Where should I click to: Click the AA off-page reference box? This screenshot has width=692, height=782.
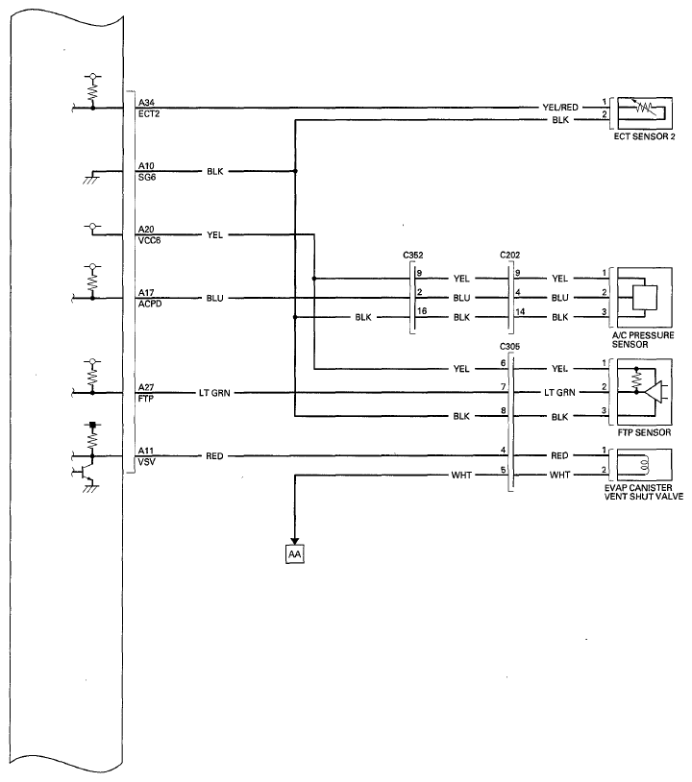294,554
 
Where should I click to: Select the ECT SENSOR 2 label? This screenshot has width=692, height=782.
644,136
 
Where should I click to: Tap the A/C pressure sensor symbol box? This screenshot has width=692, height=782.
645,297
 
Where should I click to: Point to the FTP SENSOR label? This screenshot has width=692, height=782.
644,432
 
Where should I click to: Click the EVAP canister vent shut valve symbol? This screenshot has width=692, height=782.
644,465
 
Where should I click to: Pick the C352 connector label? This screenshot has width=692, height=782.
413,256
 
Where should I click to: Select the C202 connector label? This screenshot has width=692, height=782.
510,256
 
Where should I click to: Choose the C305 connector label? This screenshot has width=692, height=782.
509,346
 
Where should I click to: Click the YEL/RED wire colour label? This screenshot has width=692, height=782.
560,108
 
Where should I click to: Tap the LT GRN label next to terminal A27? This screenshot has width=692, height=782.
214,393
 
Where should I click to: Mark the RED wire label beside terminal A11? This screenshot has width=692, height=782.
214,455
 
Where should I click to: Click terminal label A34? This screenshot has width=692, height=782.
146,102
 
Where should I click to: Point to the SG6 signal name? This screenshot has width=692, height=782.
147,177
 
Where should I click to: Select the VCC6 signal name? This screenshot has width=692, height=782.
149,240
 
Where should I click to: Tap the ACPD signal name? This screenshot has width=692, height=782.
150,304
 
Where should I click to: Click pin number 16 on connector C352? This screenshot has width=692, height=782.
422,311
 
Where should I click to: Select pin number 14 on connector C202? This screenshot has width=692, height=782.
520,311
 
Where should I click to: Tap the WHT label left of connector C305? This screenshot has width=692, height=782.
461,476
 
